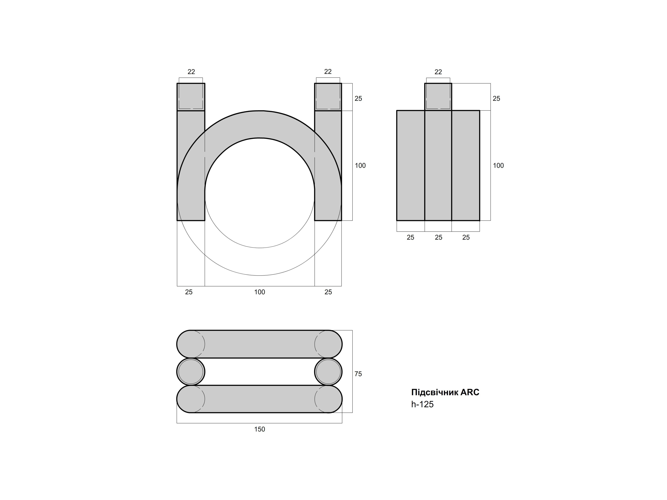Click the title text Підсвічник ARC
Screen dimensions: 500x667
(x=445, y=392)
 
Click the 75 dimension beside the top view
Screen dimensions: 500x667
(x=358, y=374)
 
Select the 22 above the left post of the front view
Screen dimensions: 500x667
(x=191, y=72)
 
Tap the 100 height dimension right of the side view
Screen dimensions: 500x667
(x=498, y=165)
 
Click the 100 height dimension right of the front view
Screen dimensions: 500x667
(x=360, y=165)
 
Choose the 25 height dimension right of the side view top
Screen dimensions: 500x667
(x=496, y=99)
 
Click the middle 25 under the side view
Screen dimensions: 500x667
(x=438, y=237)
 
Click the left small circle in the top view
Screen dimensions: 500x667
(x=191, y=372)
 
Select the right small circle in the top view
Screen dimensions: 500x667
(x=328, y=372)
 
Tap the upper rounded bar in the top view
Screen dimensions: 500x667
(x=259, y=344)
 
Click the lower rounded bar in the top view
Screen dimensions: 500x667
(x=259, y=399)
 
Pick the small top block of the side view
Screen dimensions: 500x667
(x=438, y=97)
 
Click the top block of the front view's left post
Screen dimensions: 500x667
(x=191, y=97)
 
